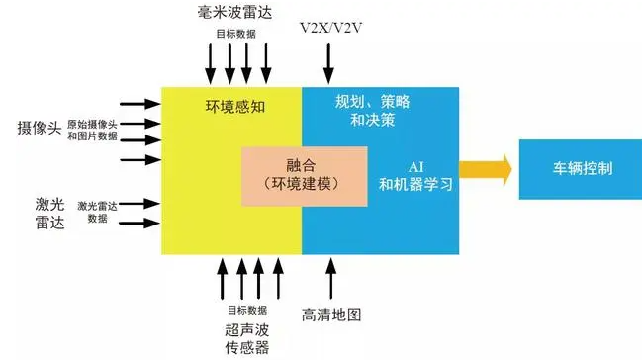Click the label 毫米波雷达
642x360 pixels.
(x=234, y=13)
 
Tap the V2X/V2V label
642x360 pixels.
(x=331, y=28)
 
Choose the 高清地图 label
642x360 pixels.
(x=331, y=315)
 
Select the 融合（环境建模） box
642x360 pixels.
(x=305, y=175)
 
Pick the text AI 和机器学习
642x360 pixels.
(x=413, y=175)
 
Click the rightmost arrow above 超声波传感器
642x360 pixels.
(x=277, y=276)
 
